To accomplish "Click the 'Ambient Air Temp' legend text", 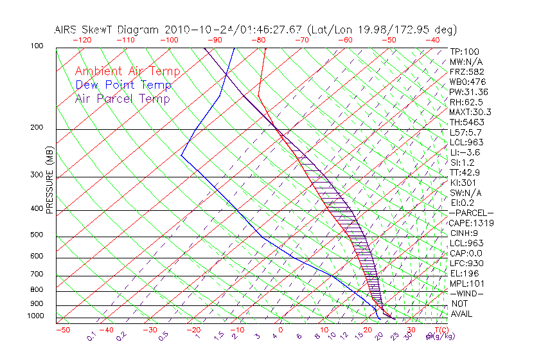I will tap(127, 71).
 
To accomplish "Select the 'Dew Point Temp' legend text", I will tap(123, 85).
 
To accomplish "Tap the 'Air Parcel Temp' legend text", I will tap(122, 98).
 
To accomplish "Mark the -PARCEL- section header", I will tap(471, 213).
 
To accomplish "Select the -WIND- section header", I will tap(467, 293).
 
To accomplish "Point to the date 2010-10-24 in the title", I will tap(195, 30).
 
